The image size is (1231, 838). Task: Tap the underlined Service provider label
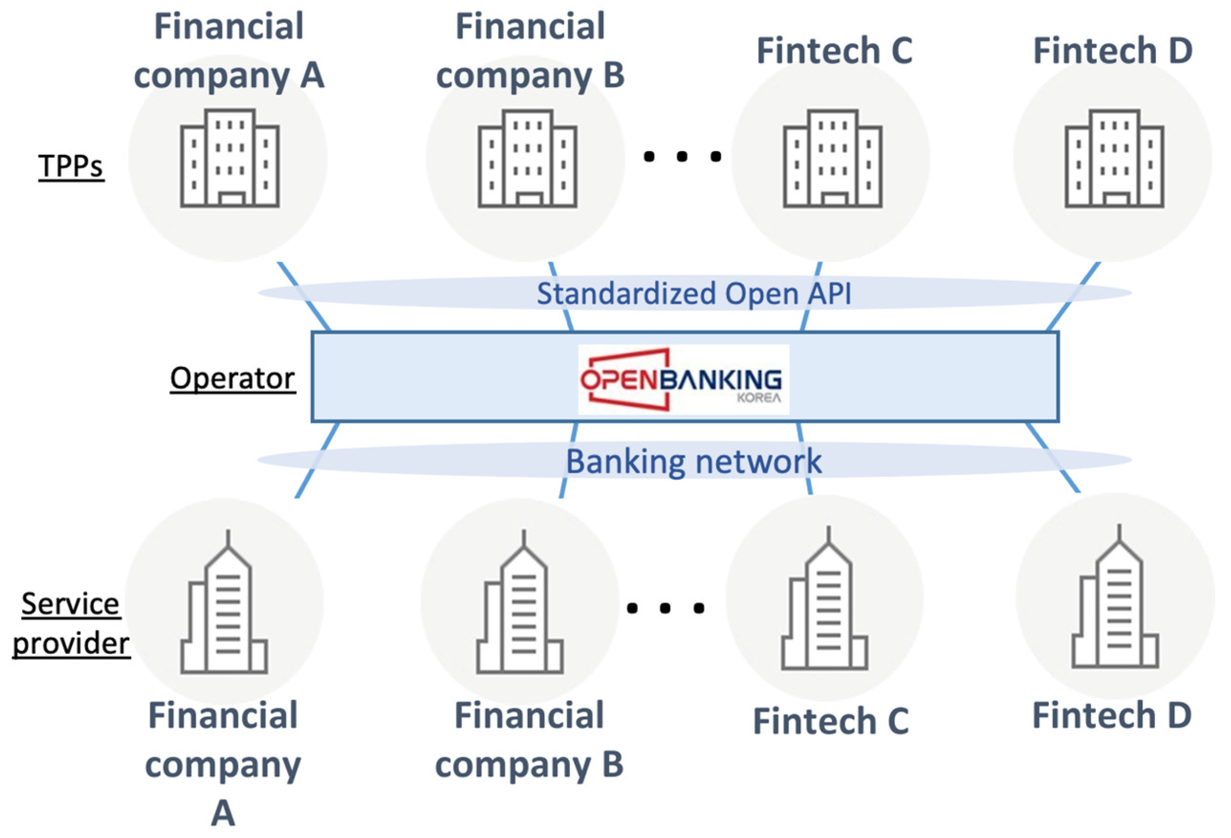70,623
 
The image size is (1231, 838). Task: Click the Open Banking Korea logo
682,379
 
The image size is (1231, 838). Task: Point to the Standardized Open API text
694,294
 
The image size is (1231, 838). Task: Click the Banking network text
694,461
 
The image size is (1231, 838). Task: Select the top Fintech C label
834,51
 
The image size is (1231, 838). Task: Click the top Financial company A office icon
229,158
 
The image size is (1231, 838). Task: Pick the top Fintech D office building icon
1114,158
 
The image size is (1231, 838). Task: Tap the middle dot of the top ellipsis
682,156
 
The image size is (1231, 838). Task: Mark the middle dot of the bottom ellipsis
665,608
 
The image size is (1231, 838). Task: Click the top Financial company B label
529,51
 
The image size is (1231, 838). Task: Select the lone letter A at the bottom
223,813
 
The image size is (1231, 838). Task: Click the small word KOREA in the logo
758,398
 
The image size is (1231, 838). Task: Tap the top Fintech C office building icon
832,158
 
